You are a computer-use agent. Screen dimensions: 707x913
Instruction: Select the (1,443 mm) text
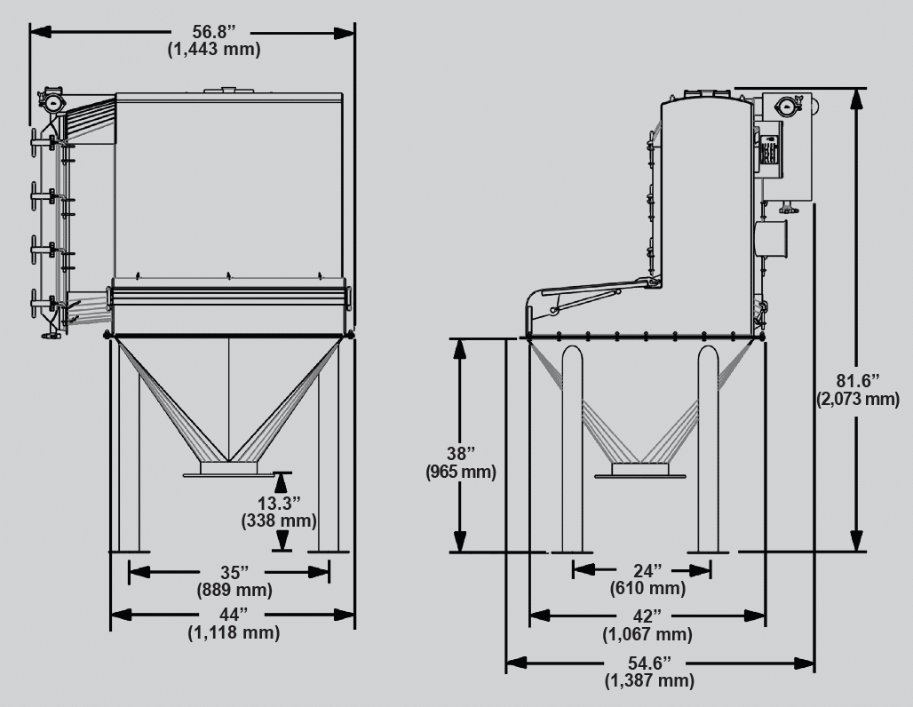pyautogui.click(x=214, y=50)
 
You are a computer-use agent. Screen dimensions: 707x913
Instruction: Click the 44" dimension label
pyautogui.click(x=234, y=615)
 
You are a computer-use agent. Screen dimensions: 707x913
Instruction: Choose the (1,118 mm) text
pyautogui.click(x=234, y=633)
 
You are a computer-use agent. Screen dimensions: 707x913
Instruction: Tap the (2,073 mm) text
pyautogui.click(x=858, y=400)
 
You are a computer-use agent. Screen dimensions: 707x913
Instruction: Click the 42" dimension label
pyautogui.click(x=647, y=616)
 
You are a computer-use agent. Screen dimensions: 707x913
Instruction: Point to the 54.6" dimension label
pyautogui.click(x=649, y=663)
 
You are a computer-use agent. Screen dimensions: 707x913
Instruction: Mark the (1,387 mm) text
pyautogui.click(x=649, y=681)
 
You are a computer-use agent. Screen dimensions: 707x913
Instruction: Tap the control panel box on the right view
pyautogui.click(x=769, y=147)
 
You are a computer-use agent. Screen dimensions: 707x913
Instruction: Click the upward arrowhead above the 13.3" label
pyautogui.click(x=282, y=481)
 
